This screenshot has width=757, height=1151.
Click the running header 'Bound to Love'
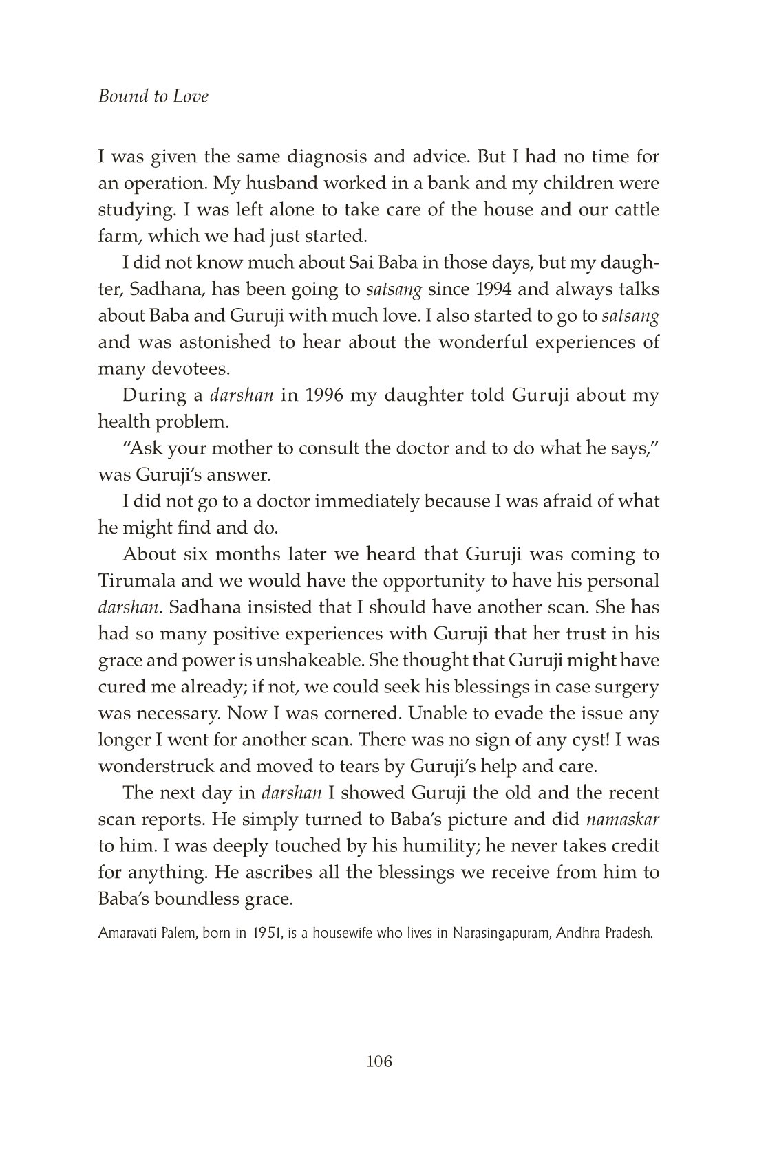153,96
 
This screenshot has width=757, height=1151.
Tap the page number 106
378,1062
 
